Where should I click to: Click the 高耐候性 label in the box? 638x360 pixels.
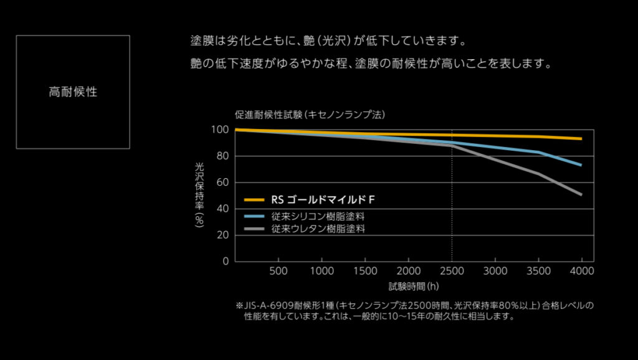[x=73, y=92]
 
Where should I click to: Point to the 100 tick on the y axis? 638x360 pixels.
[x=220, y=130]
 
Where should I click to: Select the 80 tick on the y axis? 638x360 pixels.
[x=222, y=156]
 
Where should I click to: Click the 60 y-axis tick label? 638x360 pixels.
[x=222, y=182]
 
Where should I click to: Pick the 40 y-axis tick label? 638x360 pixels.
[x=222, y=209]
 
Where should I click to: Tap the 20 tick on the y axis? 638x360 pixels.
[x=222, y=235]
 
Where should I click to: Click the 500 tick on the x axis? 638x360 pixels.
[x=279, y=271]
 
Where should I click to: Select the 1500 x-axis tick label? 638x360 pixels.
[x=365, y=271]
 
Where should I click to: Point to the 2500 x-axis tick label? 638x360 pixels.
[x=452, y=271]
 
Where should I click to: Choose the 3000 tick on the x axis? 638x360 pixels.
[x=495, y=271]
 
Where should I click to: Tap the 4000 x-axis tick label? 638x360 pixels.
[x=581, y=271]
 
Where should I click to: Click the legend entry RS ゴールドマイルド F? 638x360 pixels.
[x=323, y=200]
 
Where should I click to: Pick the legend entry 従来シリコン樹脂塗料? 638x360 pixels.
[x=318, y=216]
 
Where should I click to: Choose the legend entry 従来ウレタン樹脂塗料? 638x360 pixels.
[x=318, y=229]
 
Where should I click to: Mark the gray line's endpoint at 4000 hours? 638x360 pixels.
[x=581, y=194]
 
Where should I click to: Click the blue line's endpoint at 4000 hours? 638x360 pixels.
[x=581, y=165]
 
